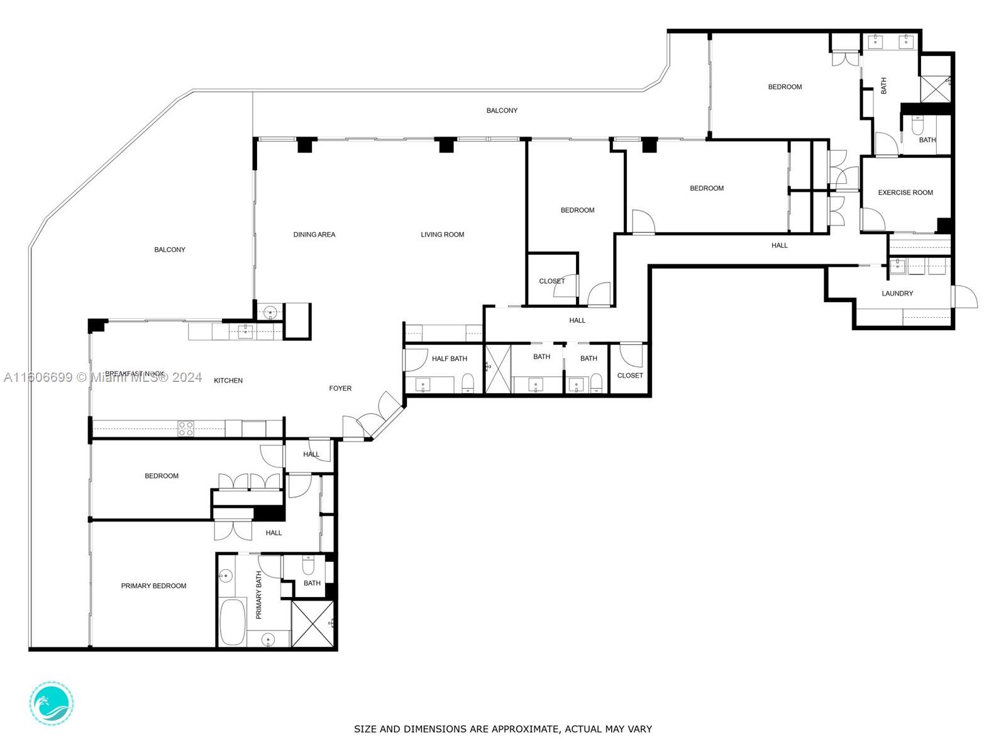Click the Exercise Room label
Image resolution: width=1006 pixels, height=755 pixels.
905,193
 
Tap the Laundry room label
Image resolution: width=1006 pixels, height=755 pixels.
897,293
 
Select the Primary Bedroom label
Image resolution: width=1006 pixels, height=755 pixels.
153,586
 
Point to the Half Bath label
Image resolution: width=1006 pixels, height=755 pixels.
449,359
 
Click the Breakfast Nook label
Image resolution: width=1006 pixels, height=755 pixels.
135,374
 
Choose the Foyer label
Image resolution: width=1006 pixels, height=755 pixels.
340,388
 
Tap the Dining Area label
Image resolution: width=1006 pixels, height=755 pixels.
314,235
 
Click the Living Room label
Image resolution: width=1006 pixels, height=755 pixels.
442,235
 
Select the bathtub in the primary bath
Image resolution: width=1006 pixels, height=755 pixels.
233,622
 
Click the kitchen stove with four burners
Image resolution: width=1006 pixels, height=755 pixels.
185,428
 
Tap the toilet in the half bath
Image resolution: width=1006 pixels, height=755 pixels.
468,383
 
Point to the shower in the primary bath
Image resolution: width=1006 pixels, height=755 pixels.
313,624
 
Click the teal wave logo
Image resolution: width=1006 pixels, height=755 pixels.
51,703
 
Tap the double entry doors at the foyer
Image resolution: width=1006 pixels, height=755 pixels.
373,416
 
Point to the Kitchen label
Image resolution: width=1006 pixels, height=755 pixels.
228,381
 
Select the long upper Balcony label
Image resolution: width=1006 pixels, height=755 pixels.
502,111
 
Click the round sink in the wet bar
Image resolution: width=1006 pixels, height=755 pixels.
270,311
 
